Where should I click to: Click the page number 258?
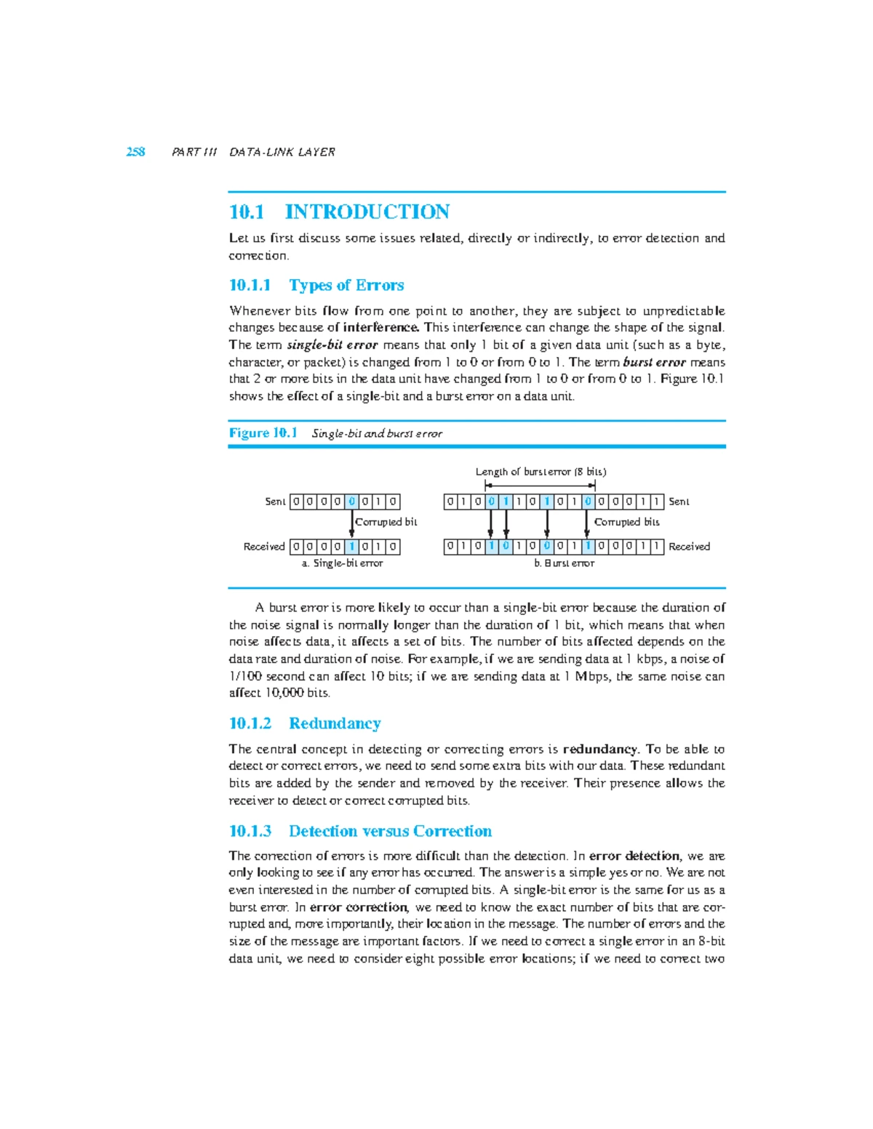click(x=135, y=152)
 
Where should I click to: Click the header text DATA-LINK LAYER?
click(x=282, y=152)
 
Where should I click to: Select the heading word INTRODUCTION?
click(x=367, y=212)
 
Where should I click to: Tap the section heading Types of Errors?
click(x=346, y=285)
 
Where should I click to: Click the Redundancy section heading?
click(x=335, y=723)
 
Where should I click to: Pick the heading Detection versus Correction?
click(x=390, y=831)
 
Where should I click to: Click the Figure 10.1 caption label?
click(x=263, y=433)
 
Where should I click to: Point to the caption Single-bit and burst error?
click(x=377, y=434)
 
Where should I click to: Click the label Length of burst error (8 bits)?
click(x=541, y=472)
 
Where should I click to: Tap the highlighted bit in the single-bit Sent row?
click(x=352, y=502)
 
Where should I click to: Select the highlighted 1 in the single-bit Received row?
click(x=352, y=547)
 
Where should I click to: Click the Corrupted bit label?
click(x=386, y=522)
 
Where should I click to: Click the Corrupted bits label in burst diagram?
click(x=626, y=522)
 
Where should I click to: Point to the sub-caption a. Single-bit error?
click(x=342, y=563)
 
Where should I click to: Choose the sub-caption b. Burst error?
click(x=564, y=563)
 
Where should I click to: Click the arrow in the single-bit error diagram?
click(x=352, y=524)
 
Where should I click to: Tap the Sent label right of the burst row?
click(x=679, y=502)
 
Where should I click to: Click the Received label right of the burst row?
click(x=689, y=547)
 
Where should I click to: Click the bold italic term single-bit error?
click(x=332, y=345)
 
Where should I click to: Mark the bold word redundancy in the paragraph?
click(x=600, y=749)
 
